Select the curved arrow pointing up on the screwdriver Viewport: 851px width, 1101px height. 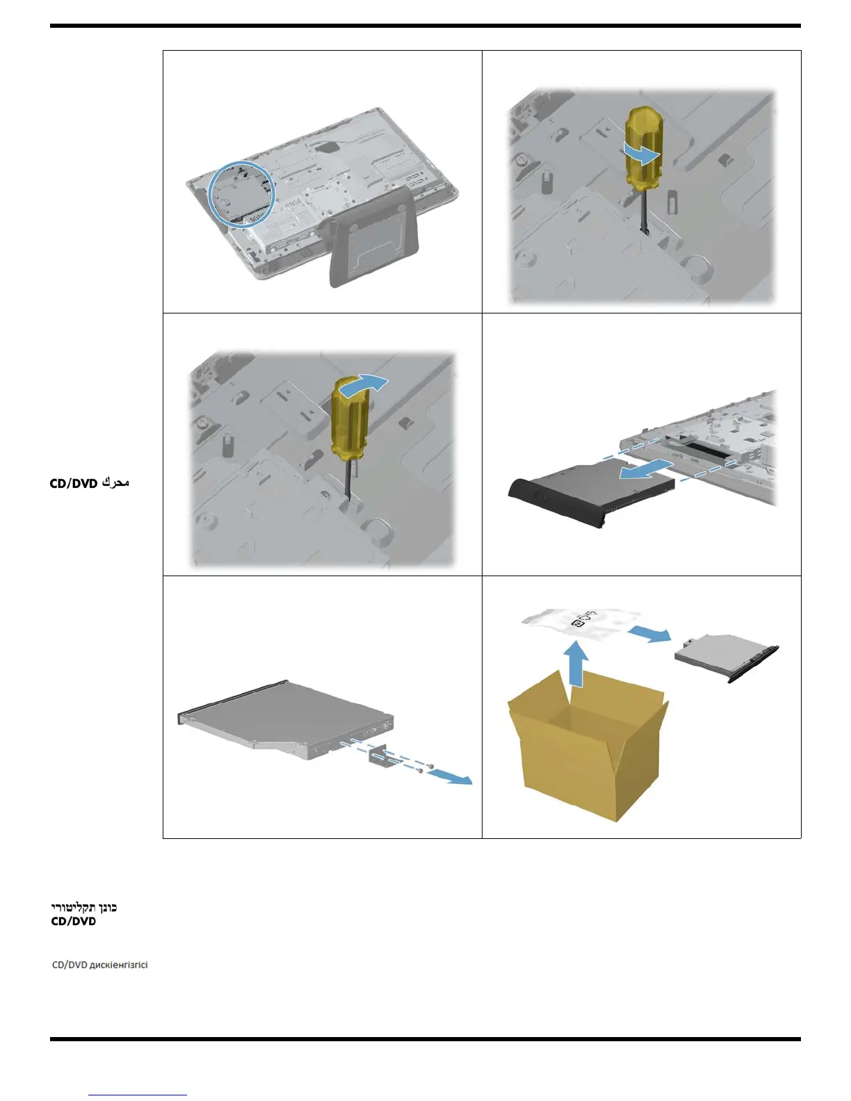click(x=369, y=383)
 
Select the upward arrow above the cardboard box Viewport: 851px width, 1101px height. click(x=575, y=664)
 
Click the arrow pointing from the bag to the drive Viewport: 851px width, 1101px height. click(x=650, y=634)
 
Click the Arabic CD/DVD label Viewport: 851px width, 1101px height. click(x=89, y=482)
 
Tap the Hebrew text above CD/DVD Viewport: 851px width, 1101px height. click(x=84, y=908)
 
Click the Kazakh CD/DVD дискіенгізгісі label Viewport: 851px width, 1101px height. click(x=99, y=965)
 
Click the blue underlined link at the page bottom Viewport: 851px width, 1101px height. click(x=138, y=1095)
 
